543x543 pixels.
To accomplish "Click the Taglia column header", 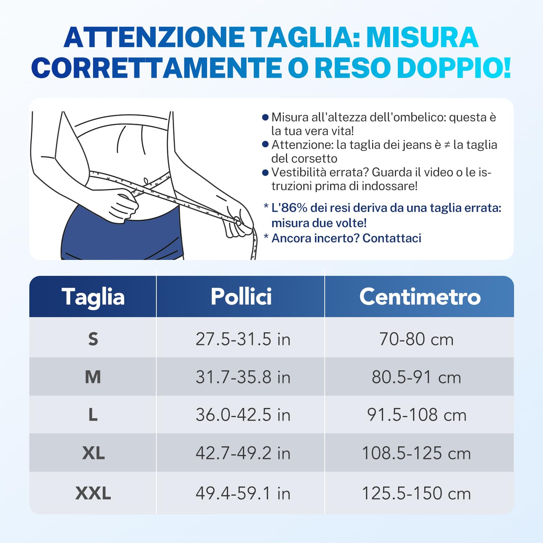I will (x=93, y=297).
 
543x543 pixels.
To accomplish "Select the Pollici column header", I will (x=241, y=297).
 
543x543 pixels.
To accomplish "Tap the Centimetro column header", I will (x=420, y=297).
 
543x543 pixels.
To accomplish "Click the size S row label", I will (x=93, y=339).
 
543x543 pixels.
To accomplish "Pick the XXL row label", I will (x=93, y=493).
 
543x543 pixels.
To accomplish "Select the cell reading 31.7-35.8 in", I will (x=243, y=377).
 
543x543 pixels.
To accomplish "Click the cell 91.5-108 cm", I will (x=417, y=415).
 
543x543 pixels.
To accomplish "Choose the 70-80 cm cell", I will (x=416, y=340).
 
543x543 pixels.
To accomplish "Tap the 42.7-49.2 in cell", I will (x=243, y=453).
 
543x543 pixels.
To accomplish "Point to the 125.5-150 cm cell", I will (x=416, y=493).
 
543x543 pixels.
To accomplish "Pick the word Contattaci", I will (x=392, y=238).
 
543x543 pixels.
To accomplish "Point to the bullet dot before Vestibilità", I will (x=265, y=172).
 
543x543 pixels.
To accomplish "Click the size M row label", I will (x=93, y=377).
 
